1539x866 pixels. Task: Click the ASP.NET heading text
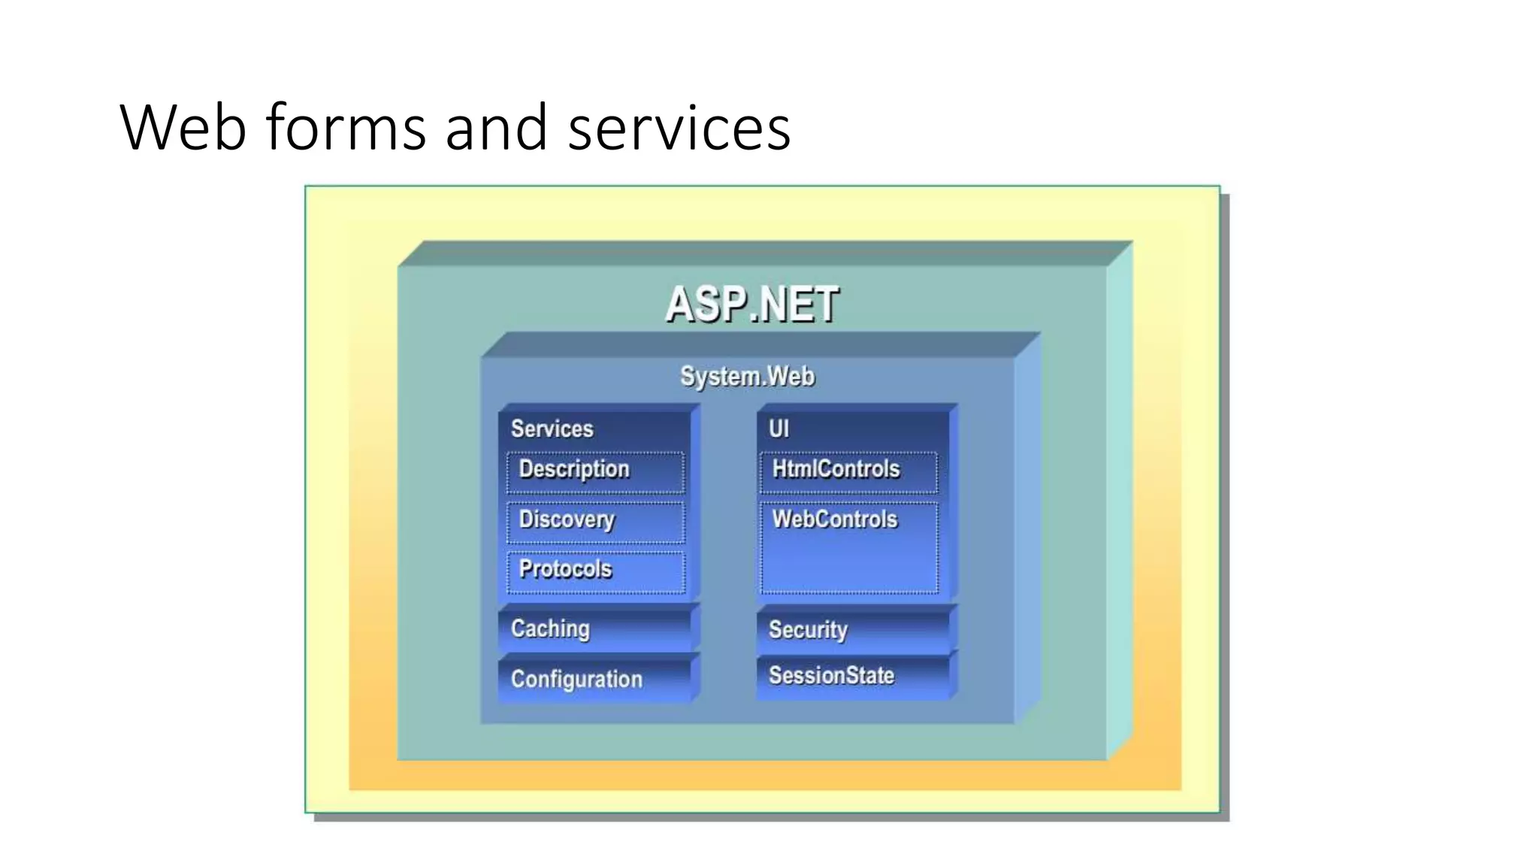(751, 304)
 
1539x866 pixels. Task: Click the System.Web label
(747, 376)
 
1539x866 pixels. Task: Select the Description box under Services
(595, 471)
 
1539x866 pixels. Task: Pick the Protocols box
(595, 571)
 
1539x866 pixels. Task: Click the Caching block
(594, 629)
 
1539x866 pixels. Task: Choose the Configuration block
(594, 679)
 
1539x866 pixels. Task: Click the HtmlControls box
(848, 471)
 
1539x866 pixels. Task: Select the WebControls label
(835, 519)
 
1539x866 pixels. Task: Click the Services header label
(552, 428)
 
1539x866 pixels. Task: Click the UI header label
(779, 428)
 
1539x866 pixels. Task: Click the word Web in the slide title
(183, 128)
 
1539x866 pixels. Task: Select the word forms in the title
(346, 128)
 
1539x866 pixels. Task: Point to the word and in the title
(496, 128)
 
